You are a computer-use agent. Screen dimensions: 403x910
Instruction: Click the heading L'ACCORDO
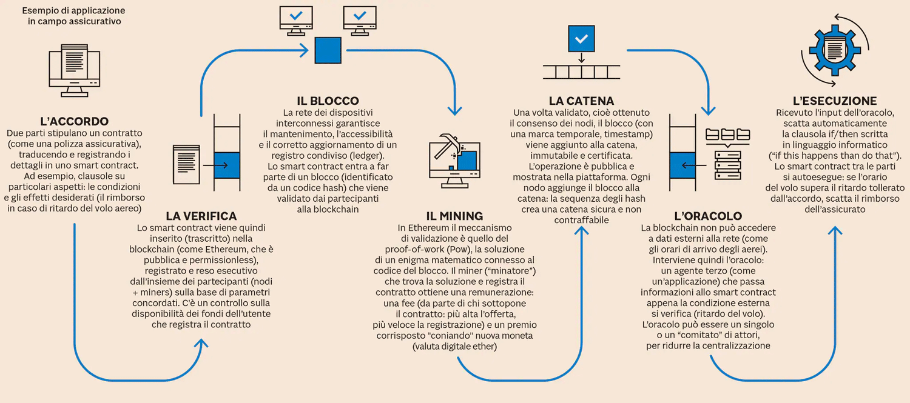click(x=74, y=121)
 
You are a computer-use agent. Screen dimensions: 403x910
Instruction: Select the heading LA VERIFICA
click(x=201, y=216)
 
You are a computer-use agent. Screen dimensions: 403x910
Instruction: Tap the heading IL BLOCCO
click(x=328, y=101)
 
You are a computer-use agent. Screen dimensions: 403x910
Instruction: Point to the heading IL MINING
click(x=454, y=216)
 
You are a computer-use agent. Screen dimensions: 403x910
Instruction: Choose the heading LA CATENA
click(x=581, y=101)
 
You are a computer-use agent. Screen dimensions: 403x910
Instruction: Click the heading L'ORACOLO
click(x=708, y=216)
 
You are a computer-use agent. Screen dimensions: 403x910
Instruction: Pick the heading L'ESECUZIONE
click(x=835, y=101)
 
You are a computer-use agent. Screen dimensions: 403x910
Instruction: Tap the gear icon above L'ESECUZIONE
click(x=835, y=50)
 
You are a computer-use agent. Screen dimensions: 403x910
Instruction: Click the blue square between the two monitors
click(x=328, y=50)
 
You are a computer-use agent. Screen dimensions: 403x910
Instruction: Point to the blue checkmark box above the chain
click(x=581, y=39)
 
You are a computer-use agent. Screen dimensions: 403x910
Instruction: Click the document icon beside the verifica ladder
click(x=186, y=164)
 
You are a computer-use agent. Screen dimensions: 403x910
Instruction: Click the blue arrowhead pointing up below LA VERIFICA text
click(x=201, y=343)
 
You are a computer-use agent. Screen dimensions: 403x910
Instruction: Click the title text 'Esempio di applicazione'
click(x=73, y=10)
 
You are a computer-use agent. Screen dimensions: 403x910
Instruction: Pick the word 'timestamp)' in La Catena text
click(x=629, y=134)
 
